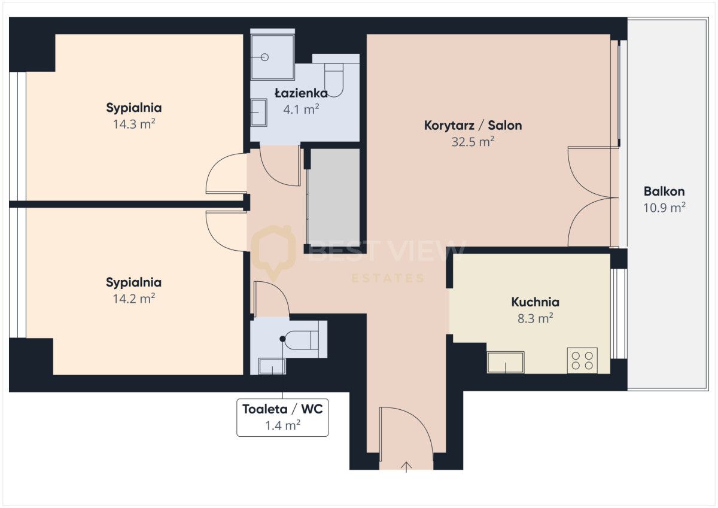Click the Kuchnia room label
(x=535, y=302)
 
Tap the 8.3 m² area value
(x=535, y=318)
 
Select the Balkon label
(x=664, y=192)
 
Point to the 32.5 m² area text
(x=473, y=142)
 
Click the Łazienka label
(x=301, y=93)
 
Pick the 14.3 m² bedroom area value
(x=134, y=124)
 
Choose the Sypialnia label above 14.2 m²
(x=134, y=282)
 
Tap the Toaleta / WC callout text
(x=282, y=409)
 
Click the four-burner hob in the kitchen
(x=582, y=360)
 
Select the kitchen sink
(x=506, y=362)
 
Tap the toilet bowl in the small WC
(x=302, y=339)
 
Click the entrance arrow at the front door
(x=407, y=466)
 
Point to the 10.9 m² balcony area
(x=664, y=208)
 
